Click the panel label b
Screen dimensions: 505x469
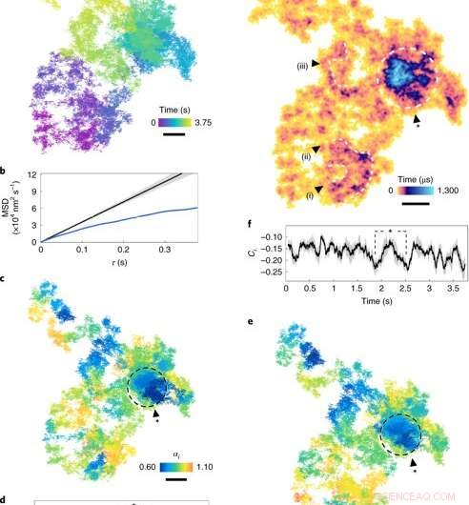coord(6,171)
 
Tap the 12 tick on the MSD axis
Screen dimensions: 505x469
coord(31,175)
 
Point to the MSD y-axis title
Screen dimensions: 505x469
coord(10,208)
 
